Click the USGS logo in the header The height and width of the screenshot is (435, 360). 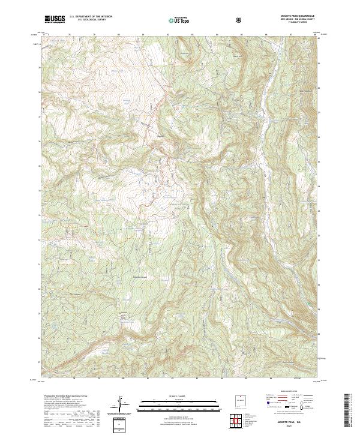(x=55, y=19)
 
